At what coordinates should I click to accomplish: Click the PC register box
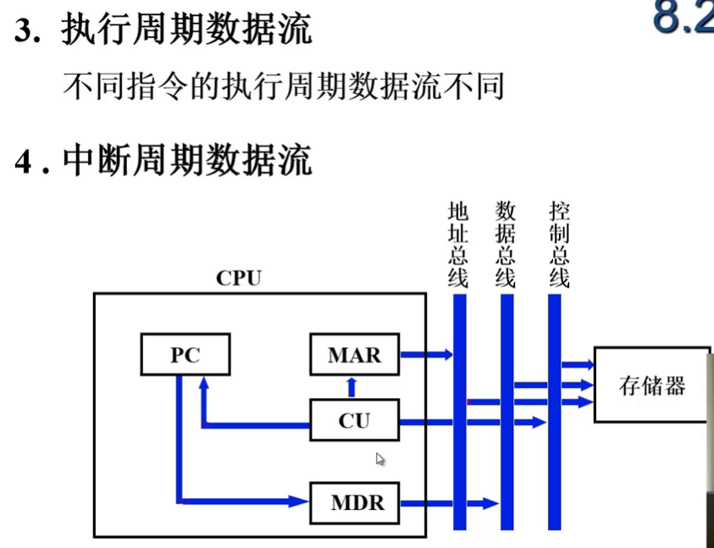click(x=185, y=355)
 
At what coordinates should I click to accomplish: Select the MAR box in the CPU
click(x=354, y=355)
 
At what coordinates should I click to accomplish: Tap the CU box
click(x=354, y=420)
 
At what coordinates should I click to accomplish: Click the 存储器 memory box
click(x=651, y=386)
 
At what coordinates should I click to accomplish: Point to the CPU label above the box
click(x=239, y=278)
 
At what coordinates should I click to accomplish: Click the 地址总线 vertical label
click(x=458, y=244)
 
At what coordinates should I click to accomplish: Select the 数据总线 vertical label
click(x=506, y=244)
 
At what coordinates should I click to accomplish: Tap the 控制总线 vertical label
click(x=558, y=244)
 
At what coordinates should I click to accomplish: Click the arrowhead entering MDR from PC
click(x=299, y=501)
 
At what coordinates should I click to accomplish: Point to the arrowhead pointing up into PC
click(x=203, y=385)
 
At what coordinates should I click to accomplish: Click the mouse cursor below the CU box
click(x=380, y=459)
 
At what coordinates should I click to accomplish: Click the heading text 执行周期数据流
click(x=186, y=31)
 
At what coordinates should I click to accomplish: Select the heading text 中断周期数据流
click(x=186, y=160)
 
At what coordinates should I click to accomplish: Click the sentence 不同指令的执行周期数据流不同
click(x=284, y=86)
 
